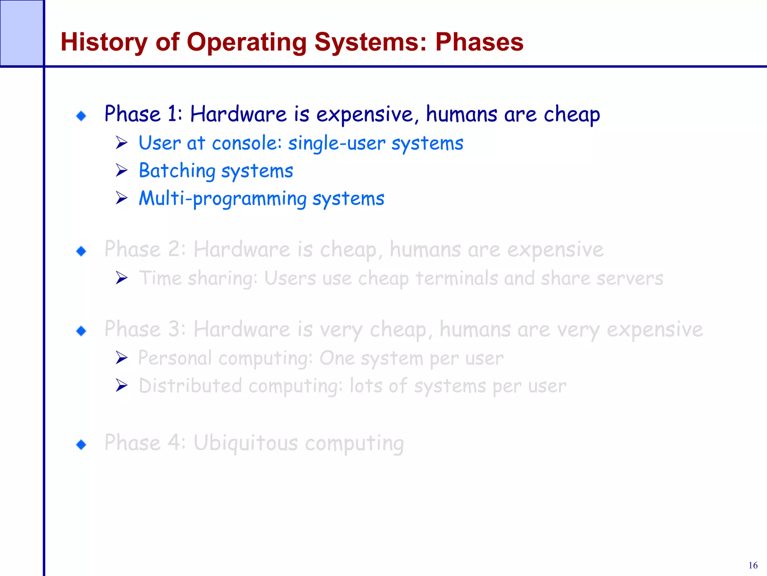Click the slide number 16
(x=753, y=565)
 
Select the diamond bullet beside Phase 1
(x=81, y=116)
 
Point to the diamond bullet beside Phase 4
(x=81, y=445)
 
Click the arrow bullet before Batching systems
(x=121, y=170)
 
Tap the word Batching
(x=177, y=171)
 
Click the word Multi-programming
(x=222, y=198)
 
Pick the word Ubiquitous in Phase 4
(x=245, y=443)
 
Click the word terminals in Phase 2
(x=457, y=278)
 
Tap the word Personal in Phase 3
(x=175, y=358)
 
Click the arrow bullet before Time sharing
(x=121, y=278)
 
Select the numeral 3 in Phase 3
(x=174, y=329)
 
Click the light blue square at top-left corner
(x=21, y=33)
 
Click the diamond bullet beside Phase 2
(x=81, y=251)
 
